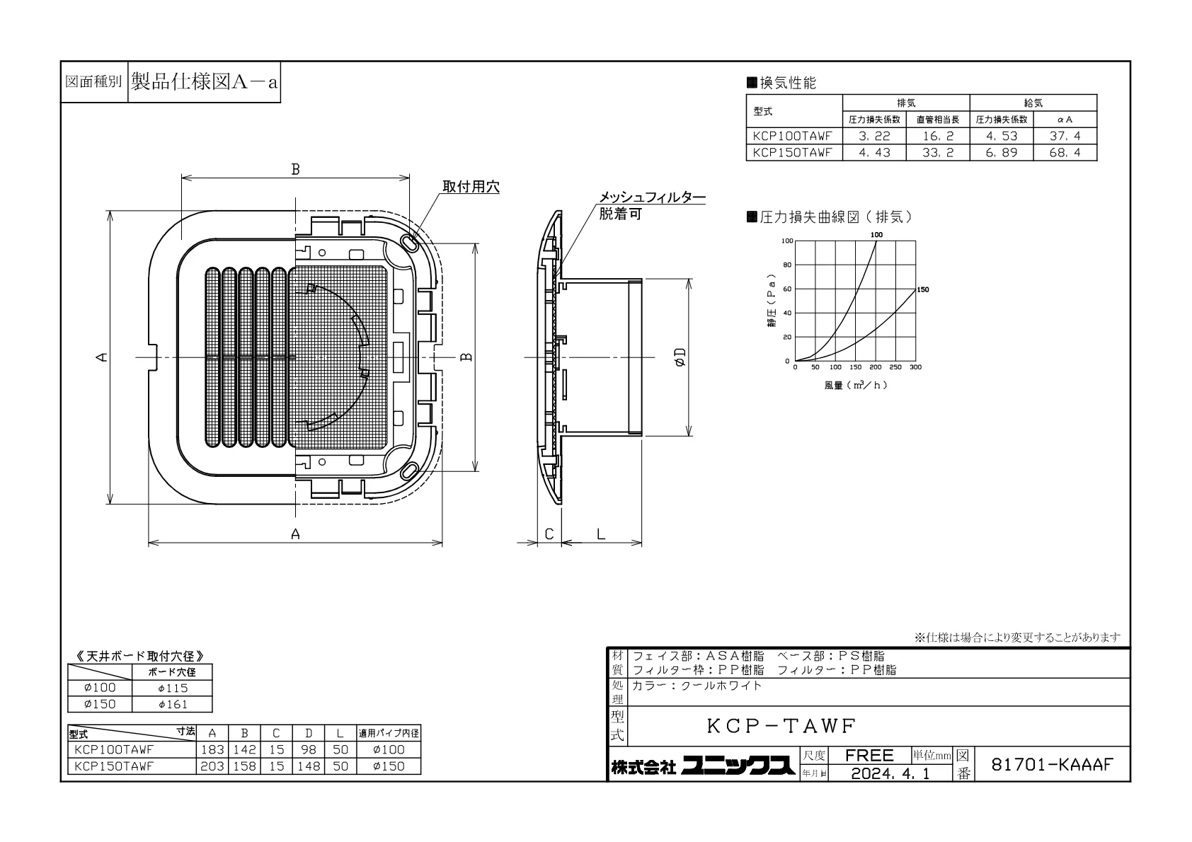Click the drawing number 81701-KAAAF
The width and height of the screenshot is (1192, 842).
tap(1052, 765)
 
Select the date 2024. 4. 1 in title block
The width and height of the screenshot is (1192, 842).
tap(890, 774)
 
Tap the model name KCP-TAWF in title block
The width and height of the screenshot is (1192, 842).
tap(781, 726)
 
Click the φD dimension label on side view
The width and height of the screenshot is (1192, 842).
tap(680, 357)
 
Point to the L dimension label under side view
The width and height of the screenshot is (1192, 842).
tap(601, 534)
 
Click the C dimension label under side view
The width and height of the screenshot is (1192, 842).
tap(549, 534)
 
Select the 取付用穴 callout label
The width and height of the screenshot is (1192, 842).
tap(471, 187)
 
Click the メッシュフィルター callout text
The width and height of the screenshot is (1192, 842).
tap(653, 197)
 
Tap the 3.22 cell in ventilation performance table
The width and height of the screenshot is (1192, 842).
tap(874, 136)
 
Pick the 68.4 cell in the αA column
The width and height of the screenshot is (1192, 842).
tap(1065, 153)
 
